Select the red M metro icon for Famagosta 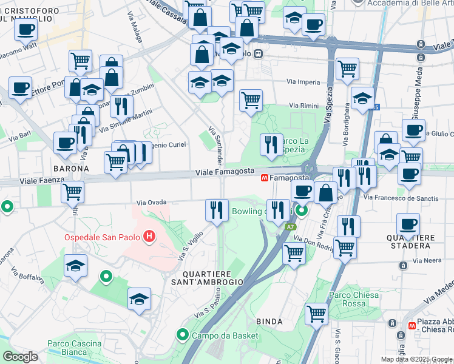coord(265,178)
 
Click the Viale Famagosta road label coord(225,174)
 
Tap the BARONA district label coord(71,168)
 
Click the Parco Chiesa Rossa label coord(354,299)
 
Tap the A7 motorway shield coord(291,227)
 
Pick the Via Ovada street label coord(151,202)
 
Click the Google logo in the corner coord(20,356)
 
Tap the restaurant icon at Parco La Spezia coord(271,144)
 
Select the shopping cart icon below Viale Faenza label coord(72,192)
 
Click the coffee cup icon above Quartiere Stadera coord(408,224)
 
